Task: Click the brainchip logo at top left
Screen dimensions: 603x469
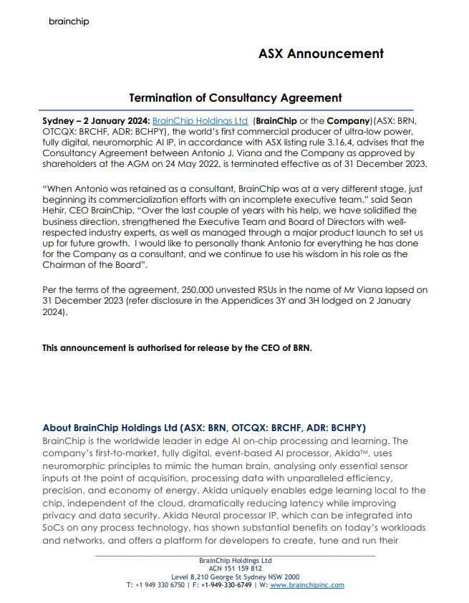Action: [69, 21]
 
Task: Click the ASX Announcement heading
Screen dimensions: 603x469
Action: [321, 54]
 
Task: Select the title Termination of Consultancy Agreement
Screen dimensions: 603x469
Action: [235, 97]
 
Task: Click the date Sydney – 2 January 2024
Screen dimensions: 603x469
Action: [96, 121]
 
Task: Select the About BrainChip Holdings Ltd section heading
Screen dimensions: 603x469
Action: [204, 428]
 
